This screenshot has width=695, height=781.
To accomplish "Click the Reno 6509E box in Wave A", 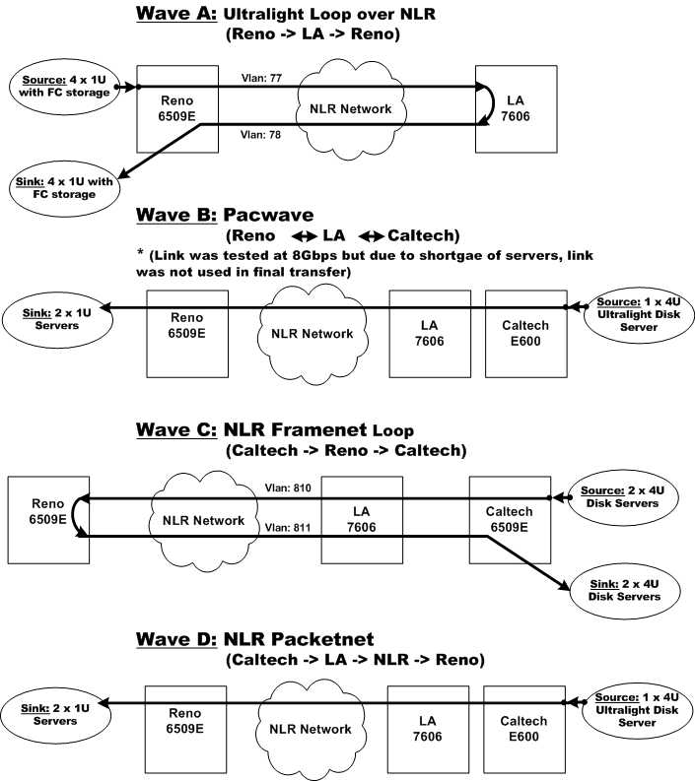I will click(178, 108).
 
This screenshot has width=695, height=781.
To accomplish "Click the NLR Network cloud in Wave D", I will click(311, 729).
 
